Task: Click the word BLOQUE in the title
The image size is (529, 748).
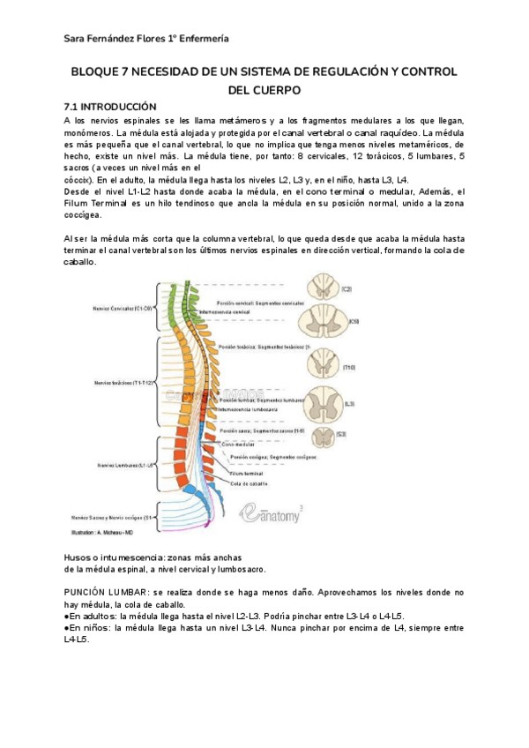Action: coord(94,72)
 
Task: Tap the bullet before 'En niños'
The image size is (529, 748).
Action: coord(68,628)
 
